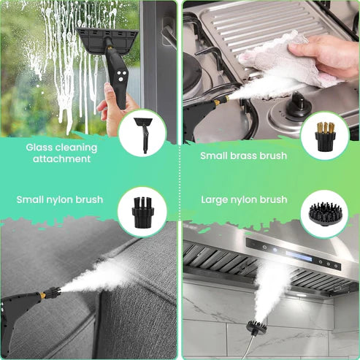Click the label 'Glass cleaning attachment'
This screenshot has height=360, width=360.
coord(61,153)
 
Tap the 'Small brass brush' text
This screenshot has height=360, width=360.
coord(243,156)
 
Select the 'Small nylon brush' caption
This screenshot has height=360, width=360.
coord(60,199)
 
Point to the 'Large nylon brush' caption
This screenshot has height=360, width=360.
coord(243,199)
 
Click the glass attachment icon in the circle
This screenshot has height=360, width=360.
coord(142,133)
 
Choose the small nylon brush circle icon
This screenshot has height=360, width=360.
coord(142,212)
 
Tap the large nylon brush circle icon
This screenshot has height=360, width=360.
coord(324,212)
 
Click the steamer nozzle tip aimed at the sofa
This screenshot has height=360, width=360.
coord(52,294)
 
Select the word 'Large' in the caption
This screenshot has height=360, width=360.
coord(217,199)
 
